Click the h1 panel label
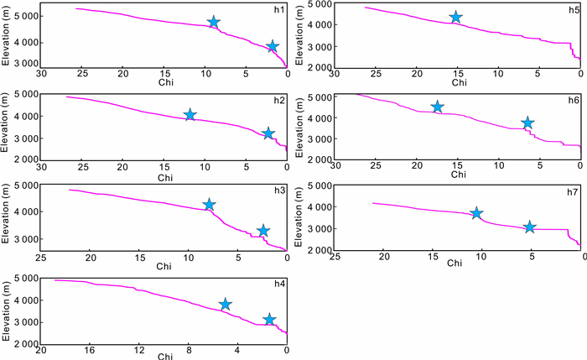point(278,9)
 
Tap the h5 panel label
point(574,9)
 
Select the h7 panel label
point(573,192)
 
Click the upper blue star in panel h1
point(214,23)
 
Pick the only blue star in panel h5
point(456,18)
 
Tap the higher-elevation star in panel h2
point(190,115)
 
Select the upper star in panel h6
point(437,107)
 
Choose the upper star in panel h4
point(225,305)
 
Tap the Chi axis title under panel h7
point(455,263)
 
